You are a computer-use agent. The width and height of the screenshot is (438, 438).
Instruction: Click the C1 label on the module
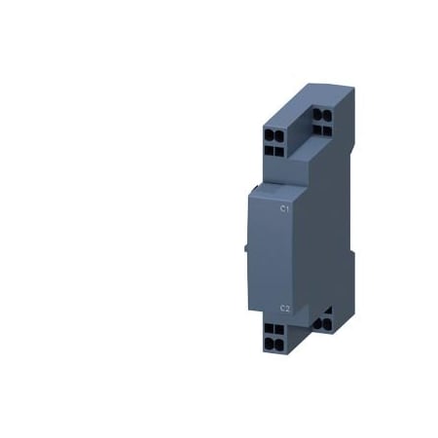284,209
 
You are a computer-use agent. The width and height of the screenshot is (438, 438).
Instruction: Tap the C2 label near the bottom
284,309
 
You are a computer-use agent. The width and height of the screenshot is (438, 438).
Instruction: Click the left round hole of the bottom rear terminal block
318,313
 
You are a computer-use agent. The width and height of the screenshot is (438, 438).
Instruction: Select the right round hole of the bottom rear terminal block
328,313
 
